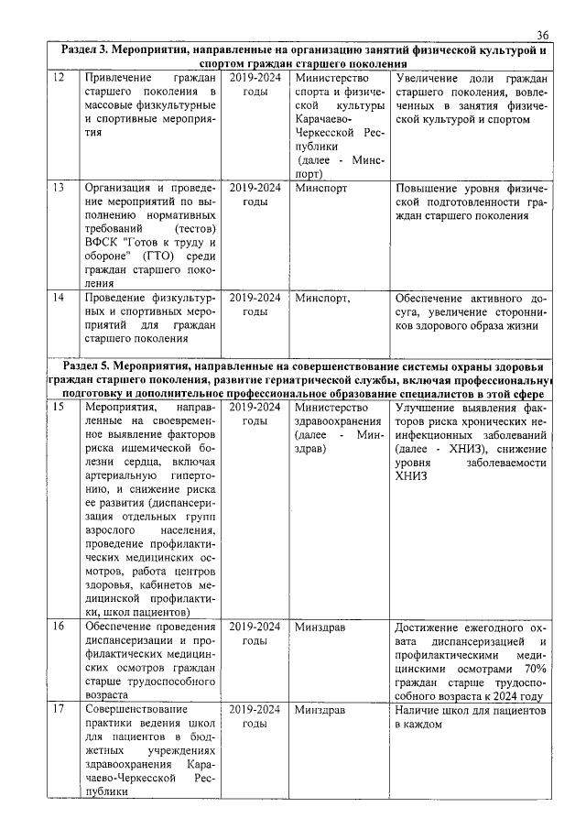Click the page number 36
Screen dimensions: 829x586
pyautogui.click(x=542, y=34)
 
